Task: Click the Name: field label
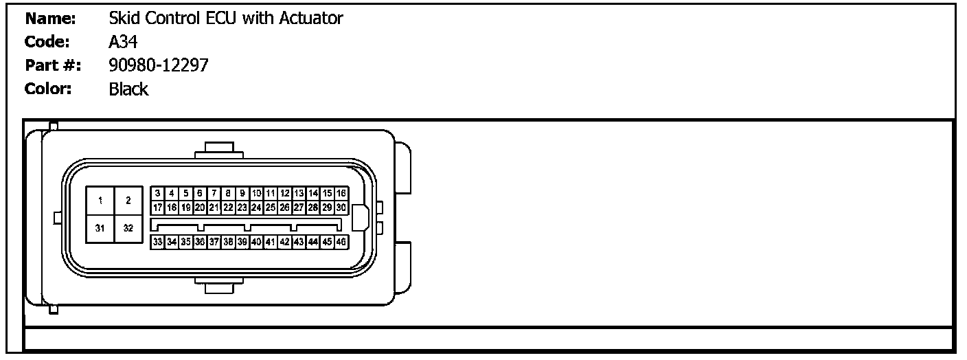coord(49,19)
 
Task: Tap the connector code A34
coord(123,43)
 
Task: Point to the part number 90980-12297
coord(159,66)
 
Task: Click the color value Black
coord(128,89)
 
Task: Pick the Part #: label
coord(53,66)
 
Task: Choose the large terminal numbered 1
coord(100,201)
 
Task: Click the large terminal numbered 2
coord(128,201)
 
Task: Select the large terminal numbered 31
coord(100,228)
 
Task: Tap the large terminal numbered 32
coord(128,228)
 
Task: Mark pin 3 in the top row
coord(158,194)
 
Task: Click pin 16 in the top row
coord(341,194)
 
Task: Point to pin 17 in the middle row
coord(158,207)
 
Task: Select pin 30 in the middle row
coord(341,207)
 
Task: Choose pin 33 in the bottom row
coord(158,242)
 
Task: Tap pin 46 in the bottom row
coord(341,242)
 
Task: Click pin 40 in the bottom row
coord(256,242)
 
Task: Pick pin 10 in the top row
coord(256,194)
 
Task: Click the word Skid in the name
coord(122,19)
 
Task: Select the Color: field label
coord(48,89)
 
